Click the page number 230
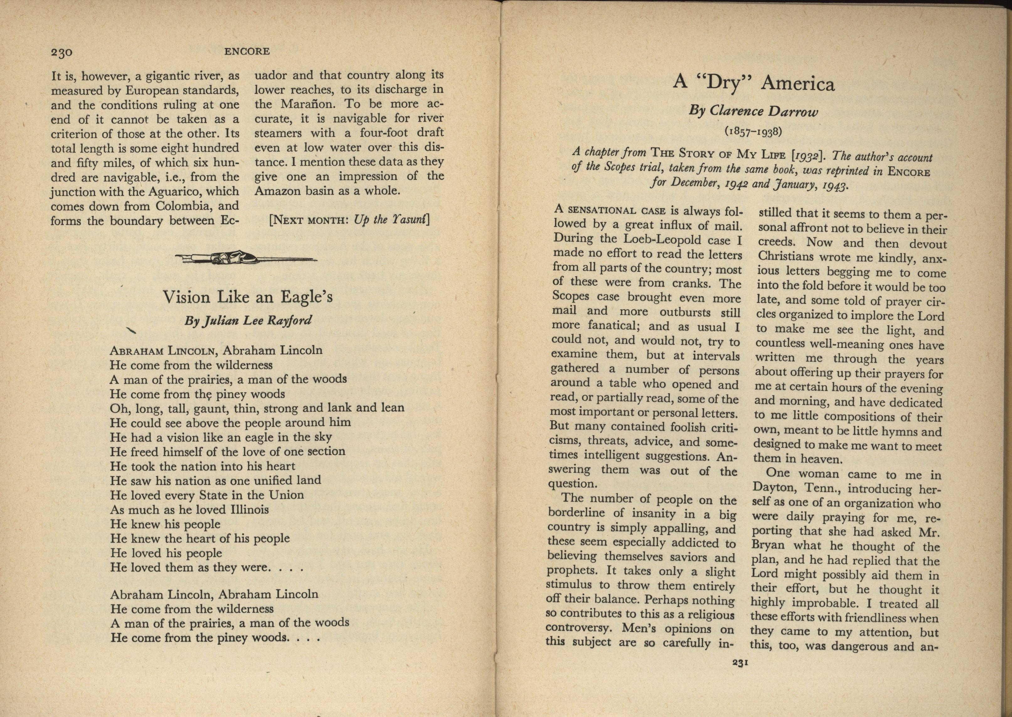tap(61, 53)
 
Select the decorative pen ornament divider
tap(246, 258)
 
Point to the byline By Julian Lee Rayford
tap(248, 320)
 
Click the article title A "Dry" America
tap(754, 83)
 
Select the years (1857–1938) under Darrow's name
tap(753, 131)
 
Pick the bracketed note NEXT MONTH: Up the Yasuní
tap(349, 220)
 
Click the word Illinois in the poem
tap(249, 509)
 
